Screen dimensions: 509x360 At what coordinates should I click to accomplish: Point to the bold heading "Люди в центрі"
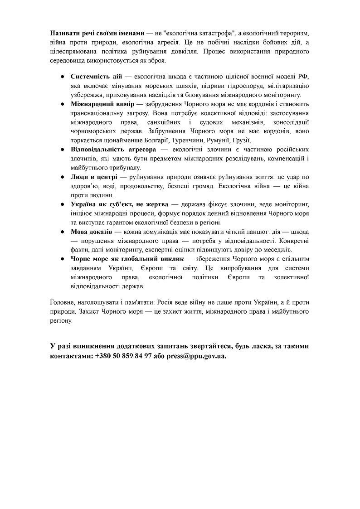pos(94,177)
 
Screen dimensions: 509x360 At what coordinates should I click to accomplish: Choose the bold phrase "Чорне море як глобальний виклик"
pos(127,259)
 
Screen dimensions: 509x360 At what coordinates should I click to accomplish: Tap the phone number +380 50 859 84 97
pos(123,356)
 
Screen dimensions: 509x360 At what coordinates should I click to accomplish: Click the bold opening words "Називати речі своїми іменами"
pos(97,34)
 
